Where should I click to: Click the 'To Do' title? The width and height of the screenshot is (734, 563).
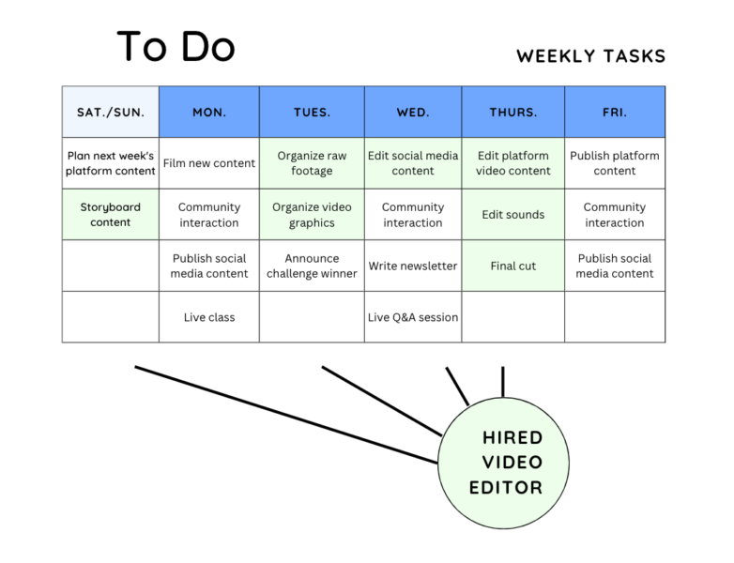pos(176,46)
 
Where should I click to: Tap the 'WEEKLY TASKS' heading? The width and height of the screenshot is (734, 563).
pos(590,56)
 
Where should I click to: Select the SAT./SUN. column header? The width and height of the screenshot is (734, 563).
pos(111,112)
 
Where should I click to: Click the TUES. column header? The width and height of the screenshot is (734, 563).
pos(312,112)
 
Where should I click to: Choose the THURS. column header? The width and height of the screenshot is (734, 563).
pos(513,112)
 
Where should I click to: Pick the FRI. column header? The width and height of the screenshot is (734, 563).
pos(615,112)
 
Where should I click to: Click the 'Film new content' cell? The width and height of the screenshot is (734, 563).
pos(209,163)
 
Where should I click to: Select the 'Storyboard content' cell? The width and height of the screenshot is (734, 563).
pos(111,215)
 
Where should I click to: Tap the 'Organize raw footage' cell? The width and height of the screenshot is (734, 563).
pos(312,163)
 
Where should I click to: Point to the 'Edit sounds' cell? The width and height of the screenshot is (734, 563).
pos(513,215)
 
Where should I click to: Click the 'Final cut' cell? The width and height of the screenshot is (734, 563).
pos(513,266)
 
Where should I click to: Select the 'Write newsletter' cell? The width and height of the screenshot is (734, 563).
pos(413,266)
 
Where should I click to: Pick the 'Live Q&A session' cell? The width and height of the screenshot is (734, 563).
pos(413,317)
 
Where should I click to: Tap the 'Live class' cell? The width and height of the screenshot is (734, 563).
pos(209,317)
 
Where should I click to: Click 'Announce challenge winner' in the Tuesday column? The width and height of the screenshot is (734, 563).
pos(312,266)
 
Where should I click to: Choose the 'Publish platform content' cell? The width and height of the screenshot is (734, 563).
pos(615,163)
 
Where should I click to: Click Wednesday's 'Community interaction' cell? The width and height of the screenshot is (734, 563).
pos(413,215)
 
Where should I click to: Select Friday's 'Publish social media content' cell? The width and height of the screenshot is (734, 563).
pos(615,266)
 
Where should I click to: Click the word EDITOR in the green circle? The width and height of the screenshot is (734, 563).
pos(506,488)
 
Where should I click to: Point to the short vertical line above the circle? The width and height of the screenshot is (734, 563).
pos(503,382)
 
